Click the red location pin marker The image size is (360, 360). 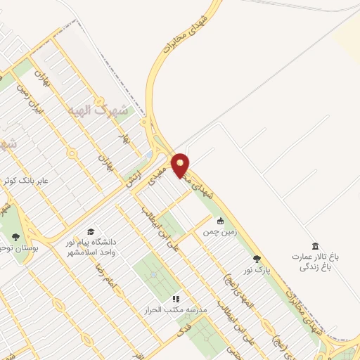181,165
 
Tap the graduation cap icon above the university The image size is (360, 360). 90,231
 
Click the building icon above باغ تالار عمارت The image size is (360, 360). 314,245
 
